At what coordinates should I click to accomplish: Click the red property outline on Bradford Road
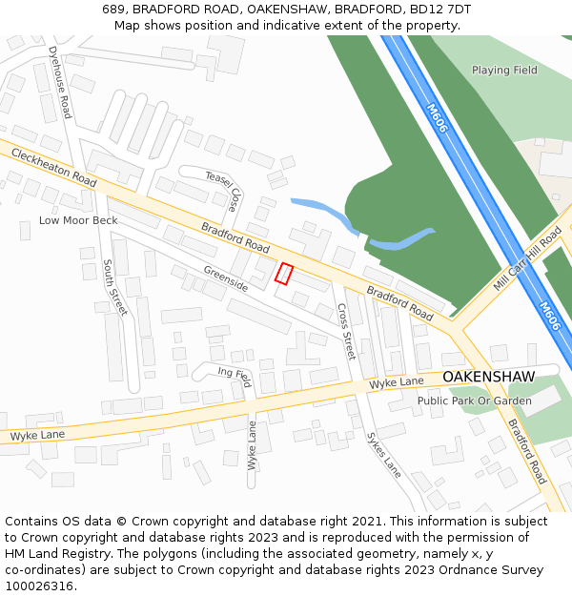tap(283, 274)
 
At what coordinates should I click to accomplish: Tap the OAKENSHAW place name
tap(488, 377)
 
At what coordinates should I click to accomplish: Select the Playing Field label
tap(504, 70)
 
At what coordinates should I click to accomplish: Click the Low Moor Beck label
tap(78, 220)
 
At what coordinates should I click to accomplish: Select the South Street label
tap(114, 287)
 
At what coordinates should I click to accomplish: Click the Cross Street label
tap(345, 331)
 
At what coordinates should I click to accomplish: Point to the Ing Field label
tap(234, 375)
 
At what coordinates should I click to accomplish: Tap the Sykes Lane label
tap(384, 456)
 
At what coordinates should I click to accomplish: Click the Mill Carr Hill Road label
tap(528, 259)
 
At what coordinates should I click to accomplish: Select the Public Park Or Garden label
tap(474, 401)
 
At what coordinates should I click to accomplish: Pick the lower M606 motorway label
tap(550, 317)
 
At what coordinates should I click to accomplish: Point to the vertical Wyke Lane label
tap(252, 445)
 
